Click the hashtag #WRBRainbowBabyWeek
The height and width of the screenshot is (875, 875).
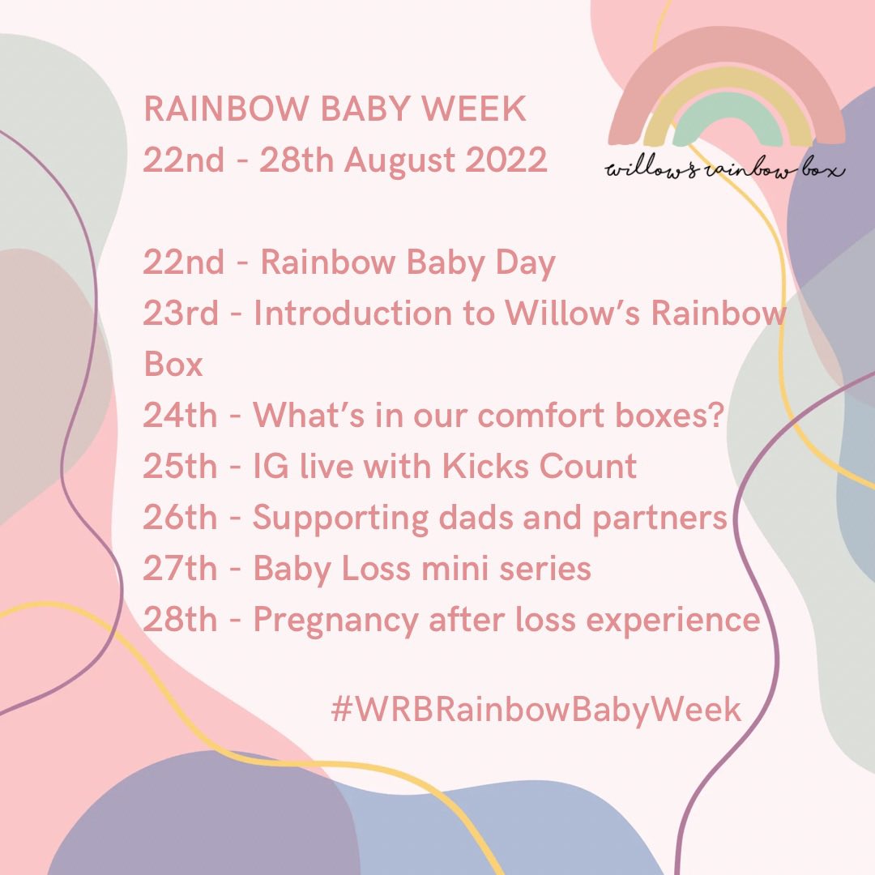(x=536, y=709)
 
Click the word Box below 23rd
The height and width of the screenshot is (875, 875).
(x=173, y=365)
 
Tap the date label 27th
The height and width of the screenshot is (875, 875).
(x=180, y=570)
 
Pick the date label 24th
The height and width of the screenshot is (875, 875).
(x=180, y=416)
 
